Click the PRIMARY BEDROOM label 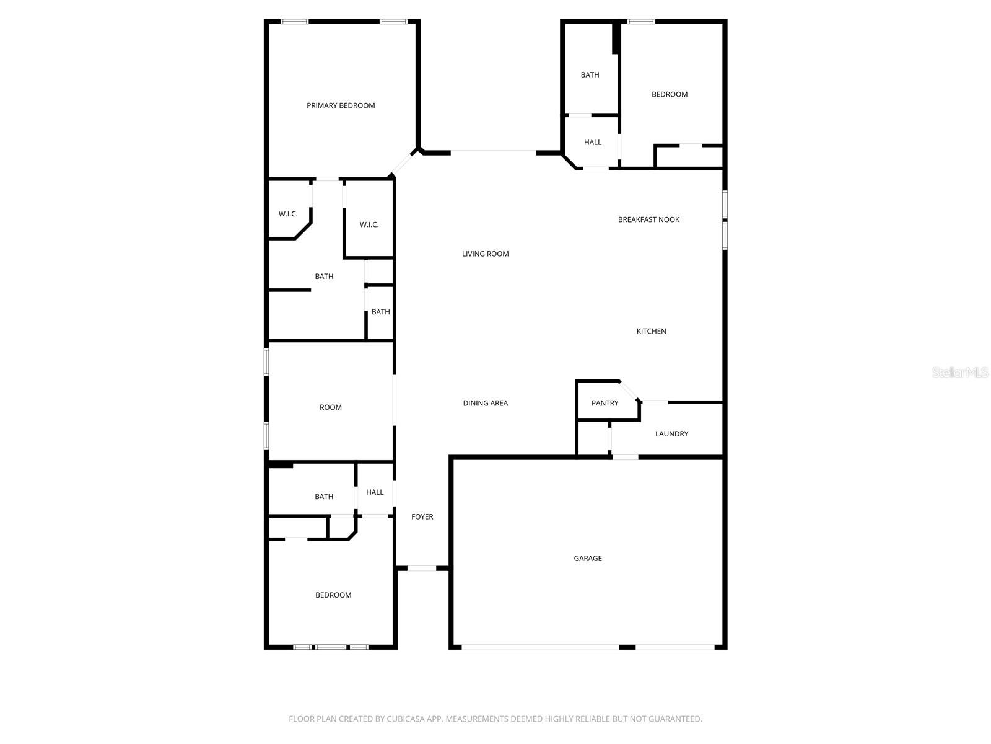click(x=341, y=105)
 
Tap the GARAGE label click(x=587, y=558)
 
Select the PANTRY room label click(x=605, y=403)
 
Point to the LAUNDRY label click(x=671, y=434)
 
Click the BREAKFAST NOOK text click(x=648, y=219)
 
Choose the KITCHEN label click(x=651, y=331)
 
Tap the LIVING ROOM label click(x=485, y=254)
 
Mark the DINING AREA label click(x=485, y=403)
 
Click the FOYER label click(x=422, y=516)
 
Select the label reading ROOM click(x=330, y=407)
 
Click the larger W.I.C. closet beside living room click(x=369, y=224)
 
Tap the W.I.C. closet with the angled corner click(x=288, y=214)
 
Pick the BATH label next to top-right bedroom click(x=590, y=75)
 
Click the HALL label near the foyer click(x=374, y=492)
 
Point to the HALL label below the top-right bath click(x=592, y=142)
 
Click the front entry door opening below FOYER click(x=422, y=568)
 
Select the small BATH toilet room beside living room click(x=380, y=312)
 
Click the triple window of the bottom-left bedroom click(x=331, y=647)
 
